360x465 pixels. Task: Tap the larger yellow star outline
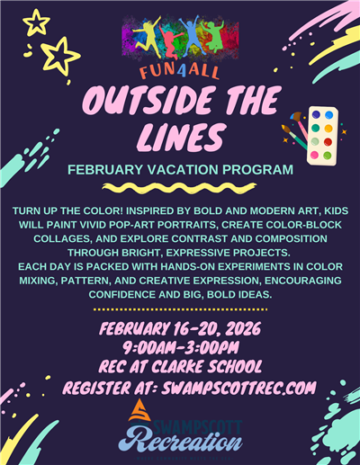pyautogui.click(x=60, y=56)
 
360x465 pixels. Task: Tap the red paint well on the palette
pyautogui.click(x=328, y=142)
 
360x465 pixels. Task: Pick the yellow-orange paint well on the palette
pyautogui.click(x=328, y=129)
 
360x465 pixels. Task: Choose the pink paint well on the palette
pyautogui.click(x=315, y=154)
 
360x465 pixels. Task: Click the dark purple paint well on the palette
pyautogui.click(x=316, y=115)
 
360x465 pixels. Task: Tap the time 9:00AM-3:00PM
pyautogui.click(x=180, y=344)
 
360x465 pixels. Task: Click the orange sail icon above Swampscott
pyautogui.click(x=136, y=412)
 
